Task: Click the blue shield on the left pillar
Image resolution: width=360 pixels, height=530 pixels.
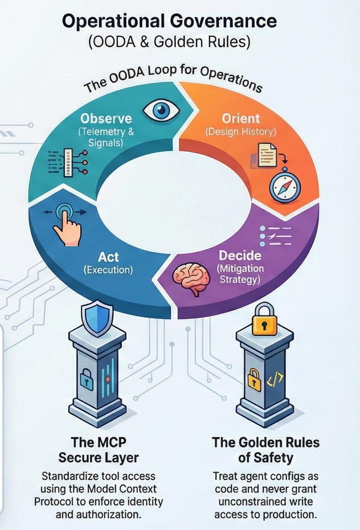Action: coord(94,318)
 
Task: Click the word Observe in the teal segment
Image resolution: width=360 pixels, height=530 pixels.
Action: coord(107,119)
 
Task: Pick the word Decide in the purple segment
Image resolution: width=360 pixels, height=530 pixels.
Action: coord(240,255)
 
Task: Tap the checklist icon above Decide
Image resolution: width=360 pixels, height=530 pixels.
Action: coord(275,235)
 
